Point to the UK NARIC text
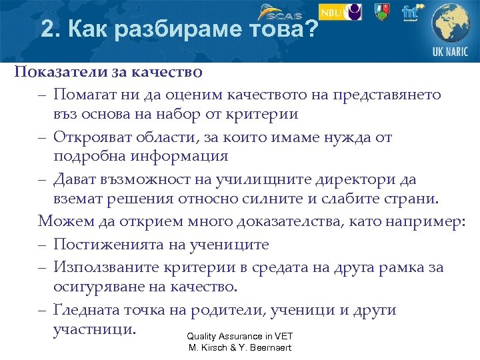[450, 51]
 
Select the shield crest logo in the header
[381, 11]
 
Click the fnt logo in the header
[411, 11]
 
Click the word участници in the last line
[94, 329]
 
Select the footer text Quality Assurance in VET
[240, 337]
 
